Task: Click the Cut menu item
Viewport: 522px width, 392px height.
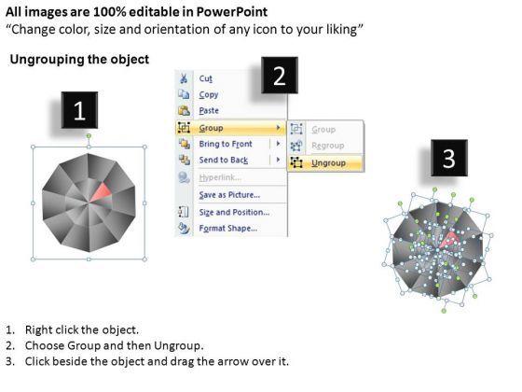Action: point(205,78)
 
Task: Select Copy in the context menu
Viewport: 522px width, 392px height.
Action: point(209,94)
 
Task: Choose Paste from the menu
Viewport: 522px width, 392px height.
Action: point(209,111)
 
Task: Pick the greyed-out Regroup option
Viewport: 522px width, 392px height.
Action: point(327,146)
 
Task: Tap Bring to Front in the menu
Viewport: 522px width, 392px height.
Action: point(226,144)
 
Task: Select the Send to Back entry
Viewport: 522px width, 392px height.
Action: point(224,160)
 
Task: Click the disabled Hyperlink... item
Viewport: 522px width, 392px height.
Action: point(220,177)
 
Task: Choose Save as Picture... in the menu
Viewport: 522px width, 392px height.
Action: point(229,195)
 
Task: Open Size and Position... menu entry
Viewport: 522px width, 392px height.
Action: point(234,212)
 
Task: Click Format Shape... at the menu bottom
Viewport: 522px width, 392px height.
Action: point(228,229)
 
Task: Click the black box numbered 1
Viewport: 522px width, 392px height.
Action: point(79,110)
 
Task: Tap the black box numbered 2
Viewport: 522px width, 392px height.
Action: point(280,76)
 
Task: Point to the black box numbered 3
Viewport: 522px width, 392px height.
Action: point(449,158)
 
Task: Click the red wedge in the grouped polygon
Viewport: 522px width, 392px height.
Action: point(103,193)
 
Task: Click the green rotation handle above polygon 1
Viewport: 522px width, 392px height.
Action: point(89,135)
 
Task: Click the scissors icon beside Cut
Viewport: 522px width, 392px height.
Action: point(184,78)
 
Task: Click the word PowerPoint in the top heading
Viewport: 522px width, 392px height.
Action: point(231,12)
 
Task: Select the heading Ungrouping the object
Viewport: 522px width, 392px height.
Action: point(79,60)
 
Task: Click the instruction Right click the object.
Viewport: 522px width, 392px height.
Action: point(82,329)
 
